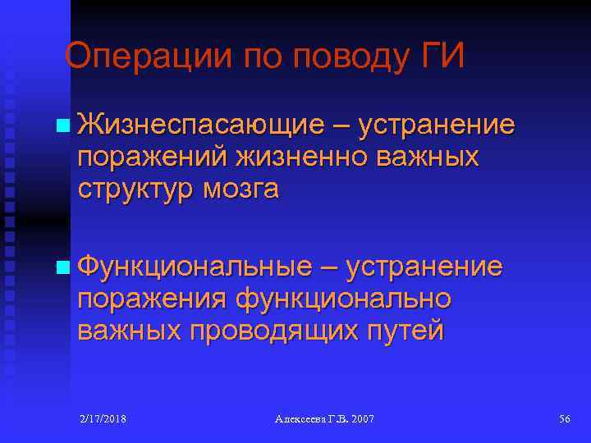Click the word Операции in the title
(x=135, y=57)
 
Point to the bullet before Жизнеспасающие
(x=63, y=127)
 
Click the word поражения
(x=151, y=299)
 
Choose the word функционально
(x=343, y=299)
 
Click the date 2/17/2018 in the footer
(x=103, y=419)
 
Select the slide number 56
(x=564, y=419)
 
